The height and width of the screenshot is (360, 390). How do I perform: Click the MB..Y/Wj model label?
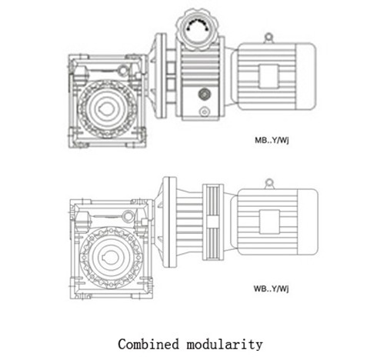(x=272, y=140)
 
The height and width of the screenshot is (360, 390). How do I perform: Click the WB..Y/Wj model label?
(x=271, y=288)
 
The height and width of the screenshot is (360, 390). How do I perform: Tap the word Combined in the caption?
(x=148, y=344)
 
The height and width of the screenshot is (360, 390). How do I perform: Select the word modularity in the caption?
(x=225, y=345)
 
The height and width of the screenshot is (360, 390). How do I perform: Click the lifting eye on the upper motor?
(x=268, y=38)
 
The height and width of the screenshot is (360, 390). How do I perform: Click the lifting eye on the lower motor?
(x=269, y=183)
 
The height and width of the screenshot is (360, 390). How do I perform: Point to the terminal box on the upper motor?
(x=268, y=76)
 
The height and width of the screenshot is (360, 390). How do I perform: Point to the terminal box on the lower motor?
(x=269, y=222)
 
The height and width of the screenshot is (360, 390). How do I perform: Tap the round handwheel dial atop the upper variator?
(x=197, y=28)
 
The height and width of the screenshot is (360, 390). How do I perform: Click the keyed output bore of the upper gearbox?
(x=107, y=108)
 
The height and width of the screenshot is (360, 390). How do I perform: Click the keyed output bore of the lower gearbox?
(x=111, y=258)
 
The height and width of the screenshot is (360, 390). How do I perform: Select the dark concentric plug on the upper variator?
(x=205, y=94)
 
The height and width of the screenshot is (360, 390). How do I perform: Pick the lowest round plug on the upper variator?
(x=205, y=112)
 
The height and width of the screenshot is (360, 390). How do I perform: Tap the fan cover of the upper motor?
(x=305, y=76)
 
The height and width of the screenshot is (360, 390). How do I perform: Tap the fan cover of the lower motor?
(x=308, y=222)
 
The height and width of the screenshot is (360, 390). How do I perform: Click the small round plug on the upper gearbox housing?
(x=123, y=70)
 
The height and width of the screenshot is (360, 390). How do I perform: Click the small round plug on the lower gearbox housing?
(x=128, y=216)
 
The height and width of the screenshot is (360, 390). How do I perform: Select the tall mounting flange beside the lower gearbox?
(x=170, y=222)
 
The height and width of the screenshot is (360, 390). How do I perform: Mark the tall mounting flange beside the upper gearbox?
(x=161, y=75)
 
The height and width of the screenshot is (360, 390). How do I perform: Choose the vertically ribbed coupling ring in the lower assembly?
(x=213, y=222)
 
